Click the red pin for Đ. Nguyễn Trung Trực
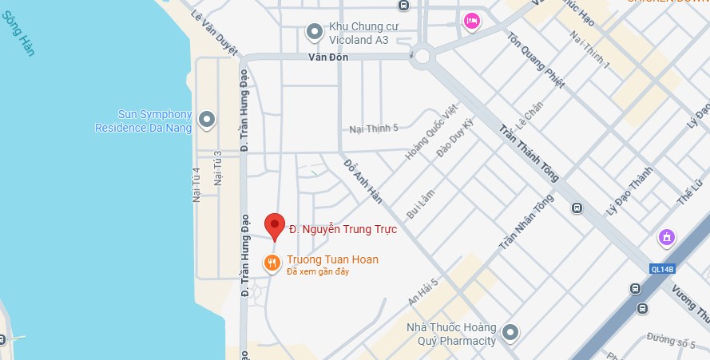[x=275, y=225]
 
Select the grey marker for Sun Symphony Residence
[x=208, y=121]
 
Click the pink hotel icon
[x=471, y=21]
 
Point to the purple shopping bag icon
[x=665, y=237]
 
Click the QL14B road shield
[x=662, y=269]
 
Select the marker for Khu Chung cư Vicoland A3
[x=315, y=31]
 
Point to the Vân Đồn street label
[x=329, y=57]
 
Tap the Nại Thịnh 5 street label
[x=373, y=129]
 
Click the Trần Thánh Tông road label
[x=529, y=152]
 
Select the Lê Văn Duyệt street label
[x=215, y=31]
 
